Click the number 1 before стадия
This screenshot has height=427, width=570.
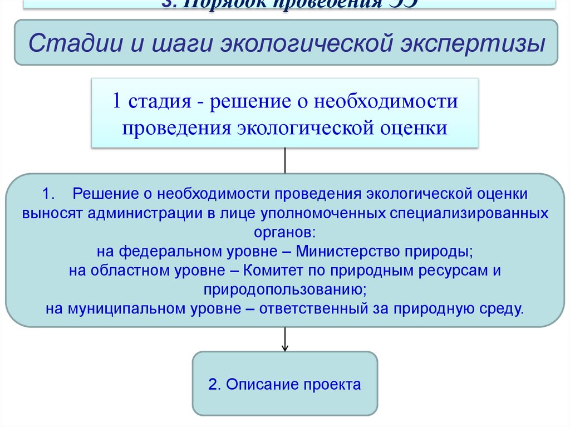116,102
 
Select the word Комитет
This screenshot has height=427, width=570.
273,271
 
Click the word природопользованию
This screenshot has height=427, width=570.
284,289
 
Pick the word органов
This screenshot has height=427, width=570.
284,232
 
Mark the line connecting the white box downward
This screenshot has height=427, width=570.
285,160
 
